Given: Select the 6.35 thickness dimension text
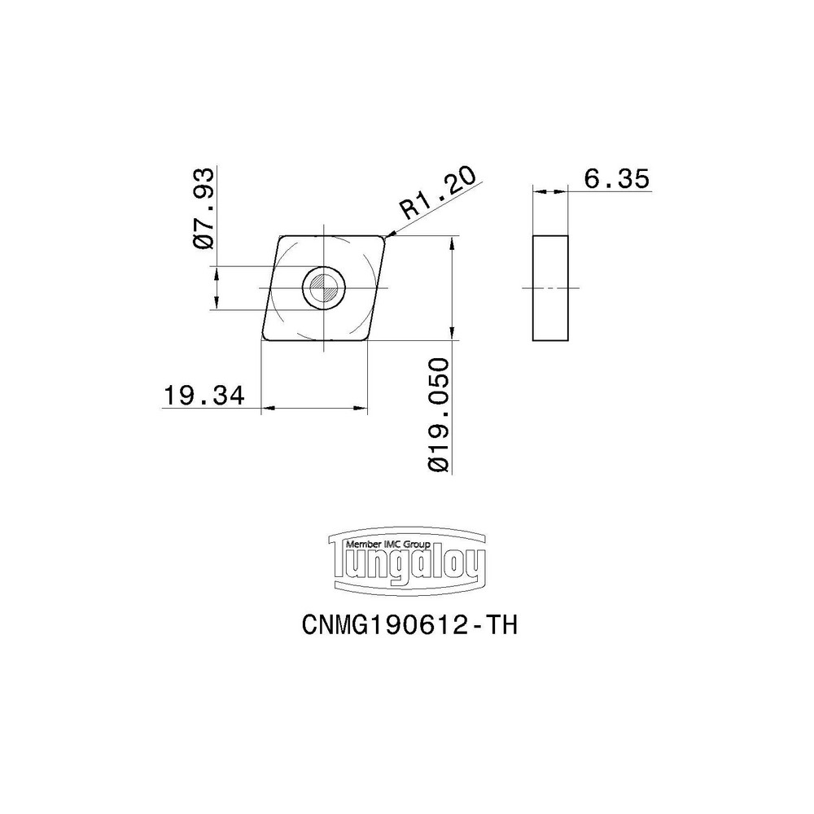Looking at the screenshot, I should tap(616, 179).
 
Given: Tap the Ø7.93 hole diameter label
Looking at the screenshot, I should tap(204, 208).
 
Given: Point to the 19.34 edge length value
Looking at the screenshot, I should tap(203, 396).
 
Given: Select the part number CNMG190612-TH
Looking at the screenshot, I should tap(409, 625).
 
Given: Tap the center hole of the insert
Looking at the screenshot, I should tap(324, 287).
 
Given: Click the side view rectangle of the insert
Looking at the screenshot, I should tap(550, 288).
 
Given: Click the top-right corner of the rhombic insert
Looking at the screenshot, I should tap(384, 238).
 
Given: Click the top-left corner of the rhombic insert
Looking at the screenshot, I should tap(281, 237).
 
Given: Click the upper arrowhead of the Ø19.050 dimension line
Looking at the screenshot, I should tap(452, 241).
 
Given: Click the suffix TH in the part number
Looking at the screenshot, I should tap(500, 625).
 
